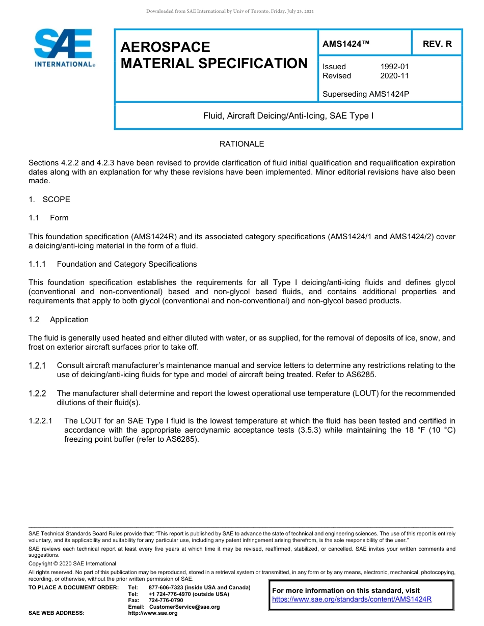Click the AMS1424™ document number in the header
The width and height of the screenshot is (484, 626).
click(x=345, y=44)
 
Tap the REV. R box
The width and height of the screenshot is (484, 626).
click(x=437, y=44)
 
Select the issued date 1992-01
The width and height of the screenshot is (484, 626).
click(x=394, y=67)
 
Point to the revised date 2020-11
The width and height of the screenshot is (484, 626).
click(x=394, y=76)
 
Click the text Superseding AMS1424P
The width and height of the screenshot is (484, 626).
click(x=366, y=94)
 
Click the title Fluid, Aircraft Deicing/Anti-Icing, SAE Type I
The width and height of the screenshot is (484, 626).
click(x=288, y=116)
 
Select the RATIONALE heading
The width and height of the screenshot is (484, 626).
click(x=241, y=144)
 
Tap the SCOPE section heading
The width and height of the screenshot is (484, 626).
click(x=56, y=200)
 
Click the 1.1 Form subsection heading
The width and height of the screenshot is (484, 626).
click(x=59, y=218)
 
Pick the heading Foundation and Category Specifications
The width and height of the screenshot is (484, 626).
click(x=126, y=264)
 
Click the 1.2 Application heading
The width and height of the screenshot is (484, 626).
click(x=69, y=320)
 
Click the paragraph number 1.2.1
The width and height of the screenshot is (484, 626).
click(x=37, y=365)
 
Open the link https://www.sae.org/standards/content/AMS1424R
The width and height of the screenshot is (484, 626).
click(x=352, y=599)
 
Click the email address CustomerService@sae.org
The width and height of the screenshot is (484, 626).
click(x=184, y=607)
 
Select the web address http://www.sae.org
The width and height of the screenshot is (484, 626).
click(x=153, y=613)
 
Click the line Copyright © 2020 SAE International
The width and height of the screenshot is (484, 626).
click(x=72, y=563)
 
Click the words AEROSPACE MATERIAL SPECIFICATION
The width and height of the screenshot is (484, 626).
click(x=214, y=55)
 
